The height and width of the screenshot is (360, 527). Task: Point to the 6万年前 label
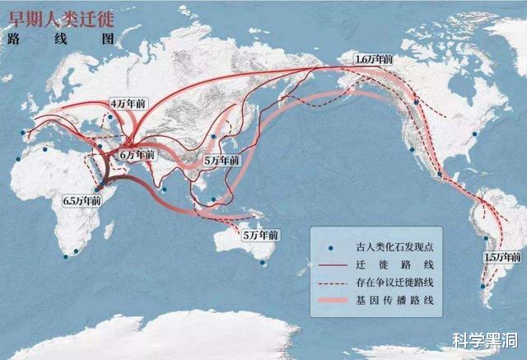click(x=136, y=153)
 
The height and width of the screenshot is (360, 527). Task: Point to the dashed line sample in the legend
click(x=332, y=283)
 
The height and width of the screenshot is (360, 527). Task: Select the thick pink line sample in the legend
click(x=332, y=302)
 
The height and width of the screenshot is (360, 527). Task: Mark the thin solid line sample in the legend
click(x=332, y=265)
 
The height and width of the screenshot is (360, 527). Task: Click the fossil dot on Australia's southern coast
click(x=263, y=263)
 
